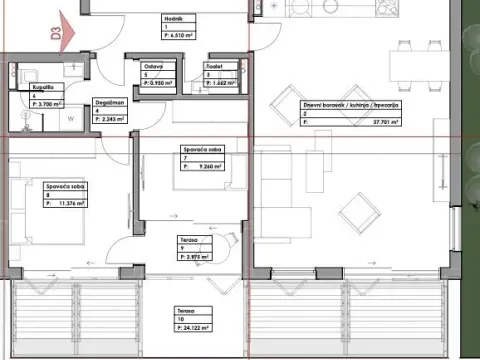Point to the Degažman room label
(110, 102)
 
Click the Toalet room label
(212, 67)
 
